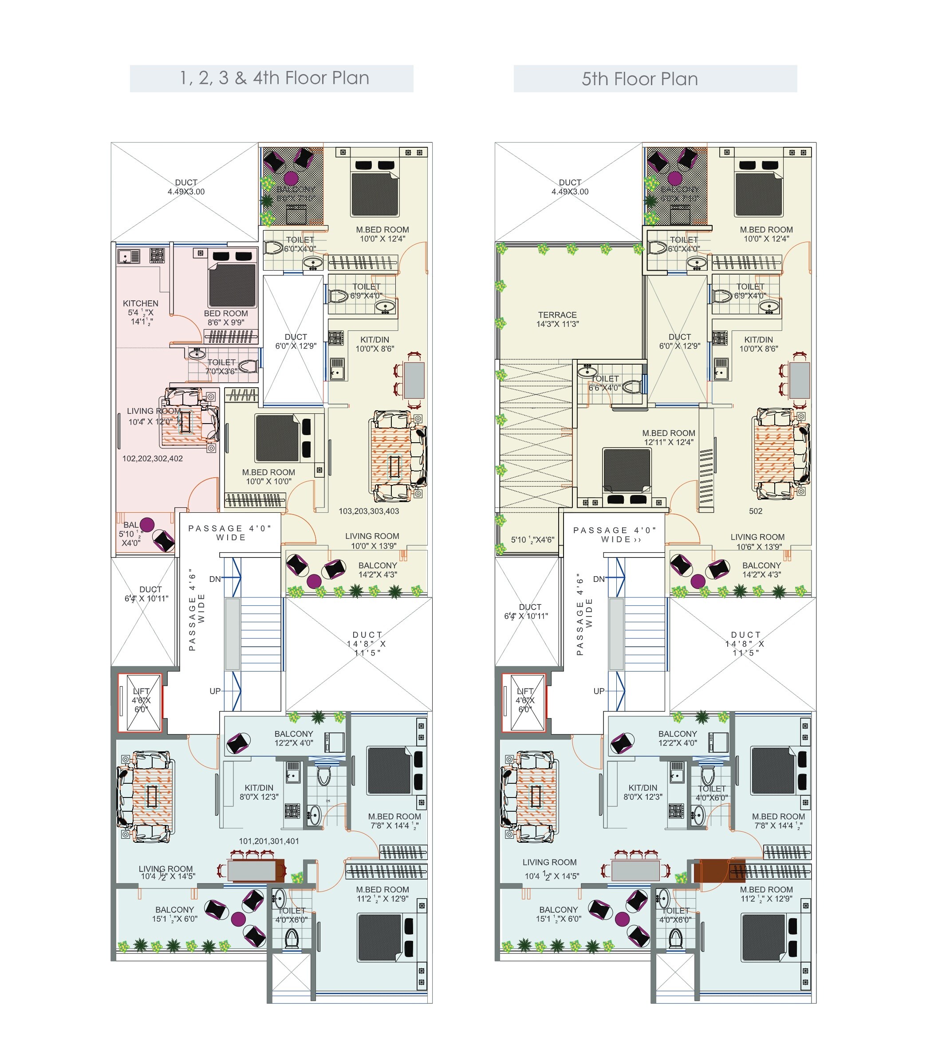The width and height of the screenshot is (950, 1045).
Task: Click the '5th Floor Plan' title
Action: (639, 79)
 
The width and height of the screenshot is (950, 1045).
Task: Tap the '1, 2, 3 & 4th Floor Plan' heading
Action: (274, 78)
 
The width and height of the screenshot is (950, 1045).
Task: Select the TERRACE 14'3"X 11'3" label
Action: (557, 319)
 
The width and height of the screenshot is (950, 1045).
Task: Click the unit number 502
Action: (755, 511)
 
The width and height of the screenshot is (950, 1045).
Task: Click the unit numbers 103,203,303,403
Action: (368, 511)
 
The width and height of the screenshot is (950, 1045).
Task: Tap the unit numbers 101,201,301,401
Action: (268, 841)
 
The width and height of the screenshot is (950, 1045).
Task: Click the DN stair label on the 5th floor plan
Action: (599, 579)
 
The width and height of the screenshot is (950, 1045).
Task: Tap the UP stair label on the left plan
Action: (215, 691)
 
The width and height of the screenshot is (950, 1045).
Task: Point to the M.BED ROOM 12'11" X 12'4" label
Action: (668, 437)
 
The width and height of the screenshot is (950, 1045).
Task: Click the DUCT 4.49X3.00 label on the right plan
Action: (569, 187)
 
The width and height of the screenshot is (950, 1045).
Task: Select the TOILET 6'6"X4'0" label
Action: (605, 383)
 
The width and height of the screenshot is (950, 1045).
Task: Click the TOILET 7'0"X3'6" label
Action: (221, 366)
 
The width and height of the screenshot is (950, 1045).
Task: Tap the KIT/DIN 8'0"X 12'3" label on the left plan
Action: (259, 792)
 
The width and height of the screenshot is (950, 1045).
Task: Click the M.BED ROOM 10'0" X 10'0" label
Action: (268, 477)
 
